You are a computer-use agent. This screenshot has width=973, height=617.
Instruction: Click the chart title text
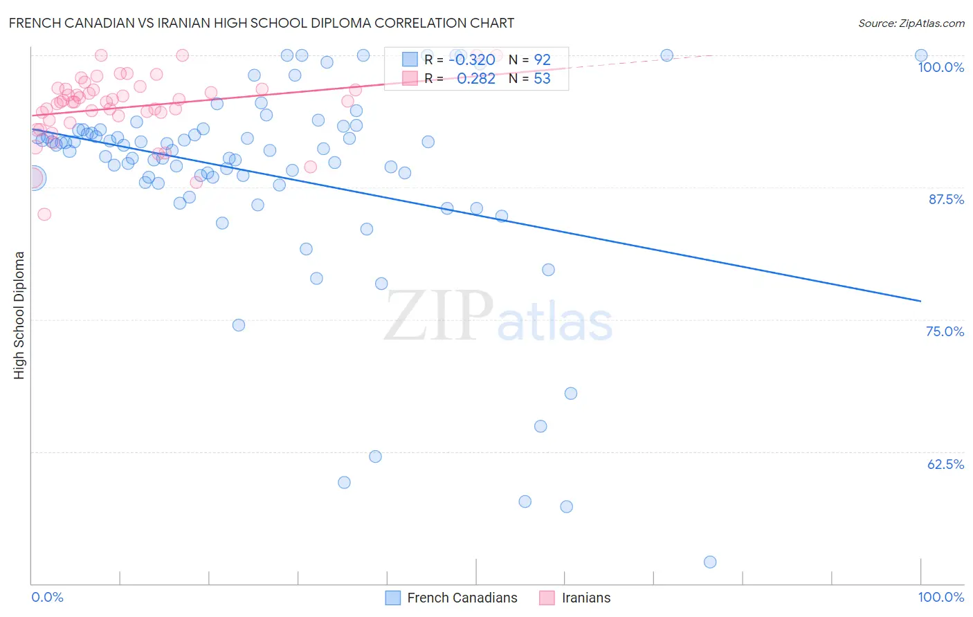(x=261, y=23)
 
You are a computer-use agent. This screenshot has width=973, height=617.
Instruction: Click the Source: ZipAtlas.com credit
(x=911, y=24)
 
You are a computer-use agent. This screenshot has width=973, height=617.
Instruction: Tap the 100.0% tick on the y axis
(x=940, y=67)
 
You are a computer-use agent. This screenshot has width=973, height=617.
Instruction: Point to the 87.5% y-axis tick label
(x=945, y=199)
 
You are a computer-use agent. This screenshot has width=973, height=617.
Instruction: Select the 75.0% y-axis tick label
(x=945, y=331)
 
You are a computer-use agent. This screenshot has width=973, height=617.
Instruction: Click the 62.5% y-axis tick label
(x=945, y=464)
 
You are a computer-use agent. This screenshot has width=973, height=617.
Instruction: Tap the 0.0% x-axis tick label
(x=48, y=597)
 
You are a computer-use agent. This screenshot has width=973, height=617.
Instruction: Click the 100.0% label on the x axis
(x=940, y=597)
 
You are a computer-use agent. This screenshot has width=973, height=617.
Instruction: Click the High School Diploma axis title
(x=19, y=315)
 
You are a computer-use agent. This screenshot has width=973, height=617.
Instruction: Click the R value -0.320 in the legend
(x=472, y=60)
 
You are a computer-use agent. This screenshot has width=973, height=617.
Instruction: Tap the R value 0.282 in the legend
(x=476, y=79)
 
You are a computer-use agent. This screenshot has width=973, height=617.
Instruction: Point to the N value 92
(x=542, y=60)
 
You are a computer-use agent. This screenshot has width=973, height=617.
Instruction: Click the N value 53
(x=542, y=79)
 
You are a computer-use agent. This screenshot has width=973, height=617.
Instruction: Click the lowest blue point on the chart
(x=710, y=562)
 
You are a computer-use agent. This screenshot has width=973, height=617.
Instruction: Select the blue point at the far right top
(x=921, y=55)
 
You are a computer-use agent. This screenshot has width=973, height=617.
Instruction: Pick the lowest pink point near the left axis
(x=44, y=214)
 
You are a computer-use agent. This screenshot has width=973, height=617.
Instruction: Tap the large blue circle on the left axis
(x=33, y=178)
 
